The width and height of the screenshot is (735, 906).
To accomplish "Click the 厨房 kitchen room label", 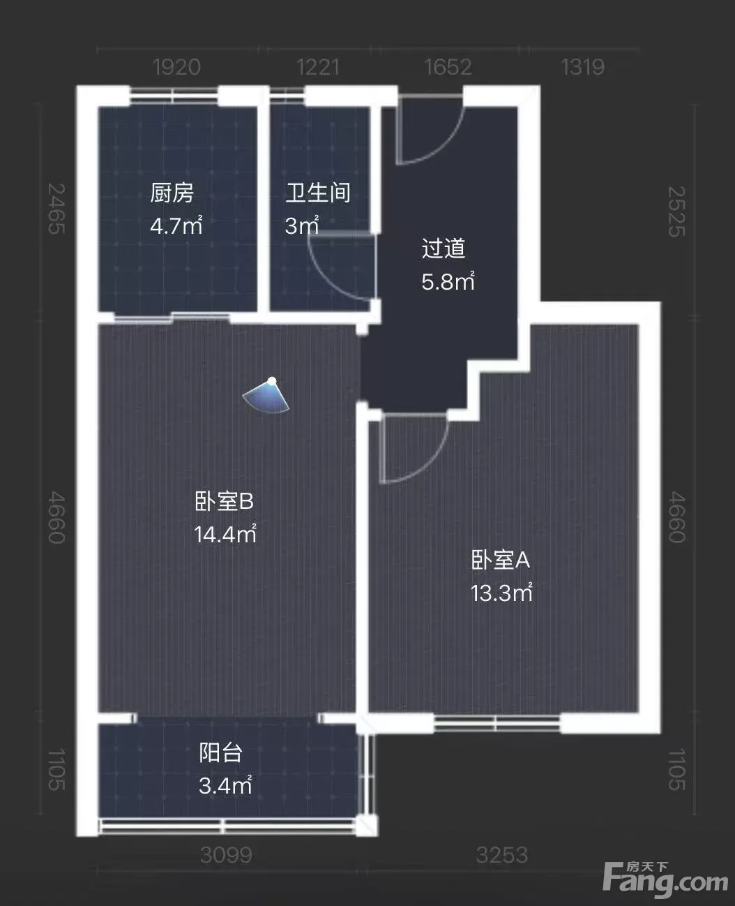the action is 172,193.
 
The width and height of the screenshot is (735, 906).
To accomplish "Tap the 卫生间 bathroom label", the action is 318,193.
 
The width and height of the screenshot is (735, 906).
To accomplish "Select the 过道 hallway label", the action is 444,248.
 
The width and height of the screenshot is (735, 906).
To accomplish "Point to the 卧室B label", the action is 225,501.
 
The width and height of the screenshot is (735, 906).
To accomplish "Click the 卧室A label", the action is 501,560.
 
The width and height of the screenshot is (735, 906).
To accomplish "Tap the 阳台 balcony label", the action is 221,753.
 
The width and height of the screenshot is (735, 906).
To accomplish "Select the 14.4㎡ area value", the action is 225,534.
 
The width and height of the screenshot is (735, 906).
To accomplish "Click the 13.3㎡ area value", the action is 501,593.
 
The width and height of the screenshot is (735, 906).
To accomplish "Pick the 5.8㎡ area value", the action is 448,281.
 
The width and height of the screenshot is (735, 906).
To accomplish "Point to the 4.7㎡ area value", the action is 176,225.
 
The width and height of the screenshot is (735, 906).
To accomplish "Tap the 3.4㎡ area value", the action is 225,786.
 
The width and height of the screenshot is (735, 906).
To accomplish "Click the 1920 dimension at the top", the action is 176,67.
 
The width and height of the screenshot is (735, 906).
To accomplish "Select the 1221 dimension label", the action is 318,67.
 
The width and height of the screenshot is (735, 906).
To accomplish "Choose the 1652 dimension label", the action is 448,67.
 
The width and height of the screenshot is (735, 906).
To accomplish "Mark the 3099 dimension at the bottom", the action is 226,855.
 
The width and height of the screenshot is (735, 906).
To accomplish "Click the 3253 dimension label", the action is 502,855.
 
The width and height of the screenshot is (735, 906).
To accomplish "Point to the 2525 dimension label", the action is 677,211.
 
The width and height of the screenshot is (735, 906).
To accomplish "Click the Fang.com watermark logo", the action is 666,879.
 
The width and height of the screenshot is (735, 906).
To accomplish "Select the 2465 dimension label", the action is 56,209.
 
